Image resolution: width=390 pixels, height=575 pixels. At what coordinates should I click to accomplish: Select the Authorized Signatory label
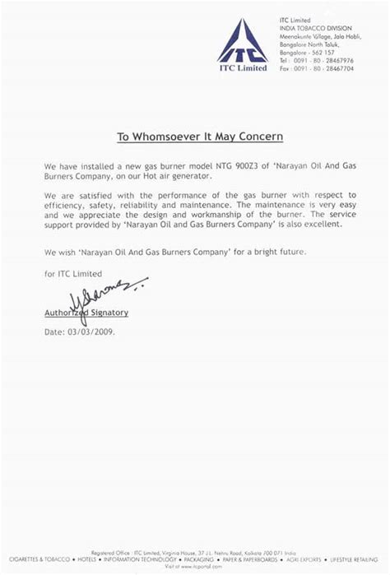pos(86,313)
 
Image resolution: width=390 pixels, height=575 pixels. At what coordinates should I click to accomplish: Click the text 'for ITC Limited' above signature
pos(73,273)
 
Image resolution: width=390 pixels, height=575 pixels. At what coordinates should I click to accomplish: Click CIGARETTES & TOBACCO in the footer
pos(32,560)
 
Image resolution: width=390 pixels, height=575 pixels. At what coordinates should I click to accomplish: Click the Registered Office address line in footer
pos(195,554)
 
